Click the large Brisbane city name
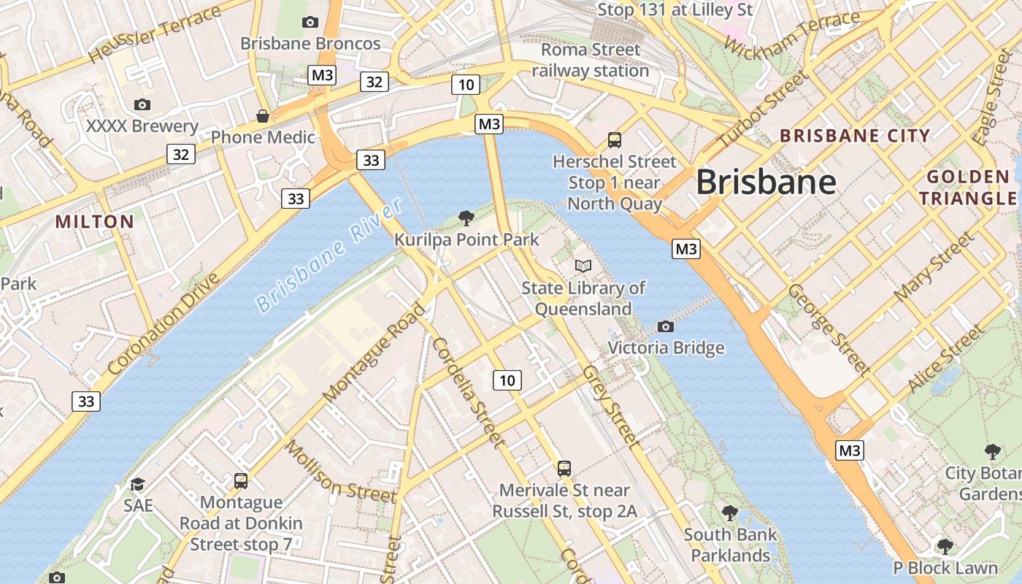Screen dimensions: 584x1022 point(766,182)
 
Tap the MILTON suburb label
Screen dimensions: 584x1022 point(95,222)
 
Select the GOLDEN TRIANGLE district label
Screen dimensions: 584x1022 point(968,188)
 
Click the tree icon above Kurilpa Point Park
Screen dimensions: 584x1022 point(465,218)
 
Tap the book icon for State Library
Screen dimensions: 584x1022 point(583,266)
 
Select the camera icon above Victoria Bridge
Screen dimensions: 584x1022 point(665,326)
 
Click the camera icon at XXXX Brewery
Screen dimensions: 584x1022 point(142,105)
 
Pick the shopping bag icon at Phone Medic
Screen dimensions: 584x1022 point(263,116)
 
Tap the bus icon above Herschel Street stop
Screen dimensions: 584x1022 point(615,139)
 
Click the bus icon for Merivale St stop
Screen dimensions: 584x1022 point(564,468)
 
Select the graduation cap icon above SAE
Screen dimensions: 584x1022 point(137,484)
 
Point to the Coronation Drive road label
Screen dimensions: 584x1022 point(163,325)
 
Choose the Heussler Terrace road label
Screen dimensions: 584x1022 point(154,34)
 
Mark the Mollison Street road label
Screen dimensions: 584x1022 point(341,472)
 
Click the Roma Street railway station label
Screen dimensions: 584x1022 point(591,61)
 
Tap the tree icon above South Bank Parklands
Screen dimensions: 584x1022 point(729,512)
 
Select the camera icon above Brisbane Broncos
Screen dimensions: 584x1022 point(310,23)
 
